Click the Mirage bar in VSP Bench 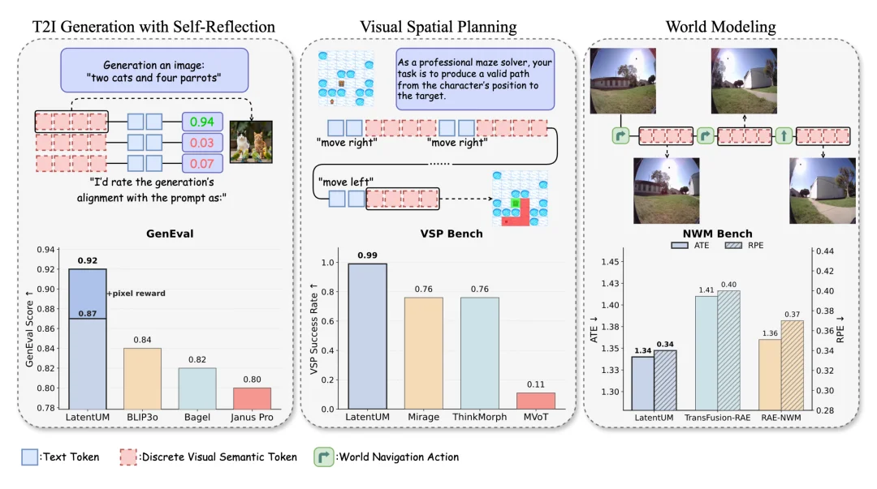(424, 353)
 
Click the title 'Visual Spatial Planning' (438, 27)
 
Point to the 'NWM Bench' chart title (719, 234)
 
